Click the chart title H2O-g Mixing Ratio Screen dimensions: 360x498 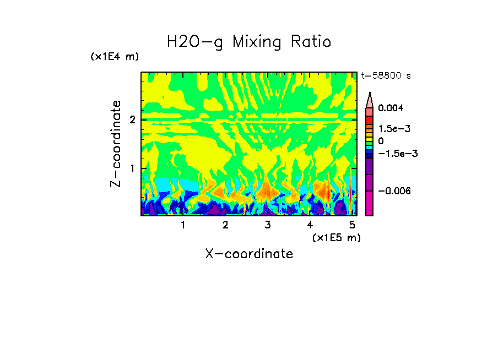pyautogui.click(x=249, y=42)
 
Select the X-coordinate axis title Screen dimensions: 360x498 pyautogui.click(x=249, y=254)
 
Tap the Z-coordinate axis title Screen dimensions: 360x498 pyautogui.click(x=116, y=144)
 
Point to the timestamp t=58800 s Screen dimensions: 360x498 pyautogui.click(x=386, y=75)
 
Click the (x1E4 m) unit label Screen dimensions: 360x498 pyautogui.click(x=115, y=57)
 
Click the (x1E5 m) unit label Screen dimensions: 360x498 pyautogui.click(x=336, y=237)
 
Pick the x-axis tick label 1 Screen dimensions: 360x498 pyautogui.click(x=183, y=225)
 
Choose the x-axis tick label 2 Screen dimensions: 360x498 pyautogui.click(x=225, y=225)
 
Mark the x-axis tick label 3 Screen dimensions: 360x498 pyautogui.click(x=267, y=225)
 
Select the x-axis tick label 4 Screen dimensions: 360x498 pyautogui.click(x=310, y=225)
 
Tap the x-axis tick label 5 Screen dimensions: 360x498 pyautogui.click(x=351, y=225)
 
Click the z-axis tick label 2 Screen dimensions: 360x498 pyautogui.click(x=132, y=120)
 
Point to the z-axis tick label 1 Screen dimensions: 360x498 pyautogui.click(x=132, y=168)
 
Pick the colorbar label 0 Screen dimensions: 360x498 pyautogui.click(x=381, y=141)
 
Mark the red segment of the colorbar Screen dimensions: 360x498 pyautogui.click(x=370, y=119)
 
